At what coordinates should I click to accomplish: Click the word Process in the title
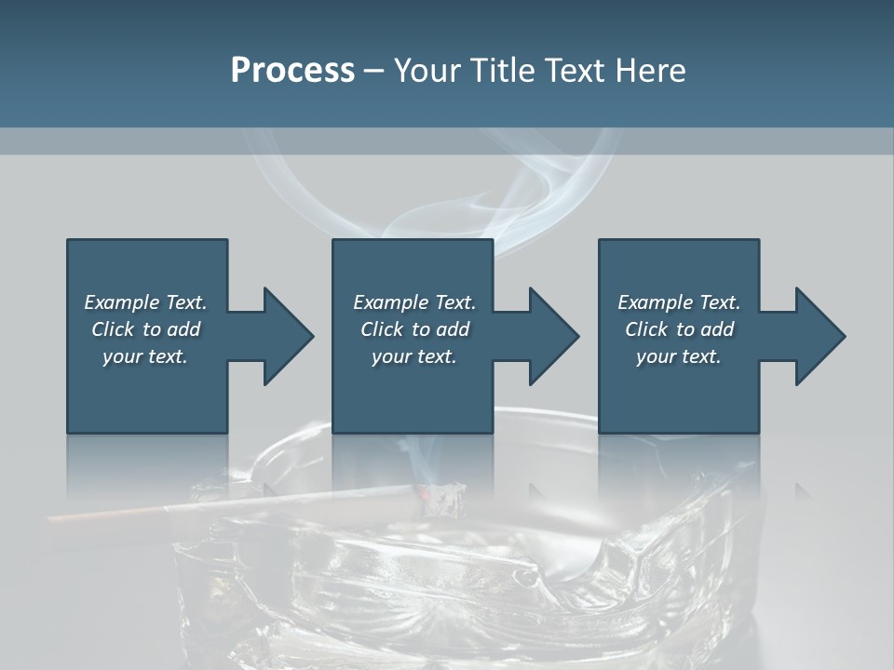(x=292, y=71)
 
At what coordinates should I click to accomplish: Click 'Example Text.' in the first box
(x=145, y=302)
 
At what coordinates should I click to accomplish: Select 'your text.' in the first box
(x=145, y=356)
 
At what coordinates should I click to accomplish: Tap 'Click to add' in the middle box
(x=414, y=329)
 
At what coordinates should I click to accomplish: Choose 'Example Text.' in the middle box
(x=414, y=302)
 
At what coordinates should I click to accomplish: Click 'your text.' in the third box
(x=679, y=356)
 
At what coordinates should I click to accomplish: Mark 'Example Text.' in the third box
(x=679, y=302)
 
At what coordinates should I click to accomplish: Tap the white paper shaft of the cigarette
(x=279, y=502)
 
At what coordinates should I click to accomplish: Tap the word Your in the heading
(x=425, y=71)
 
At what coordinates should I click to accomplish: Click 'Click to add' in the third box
(x=679, y=329)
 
